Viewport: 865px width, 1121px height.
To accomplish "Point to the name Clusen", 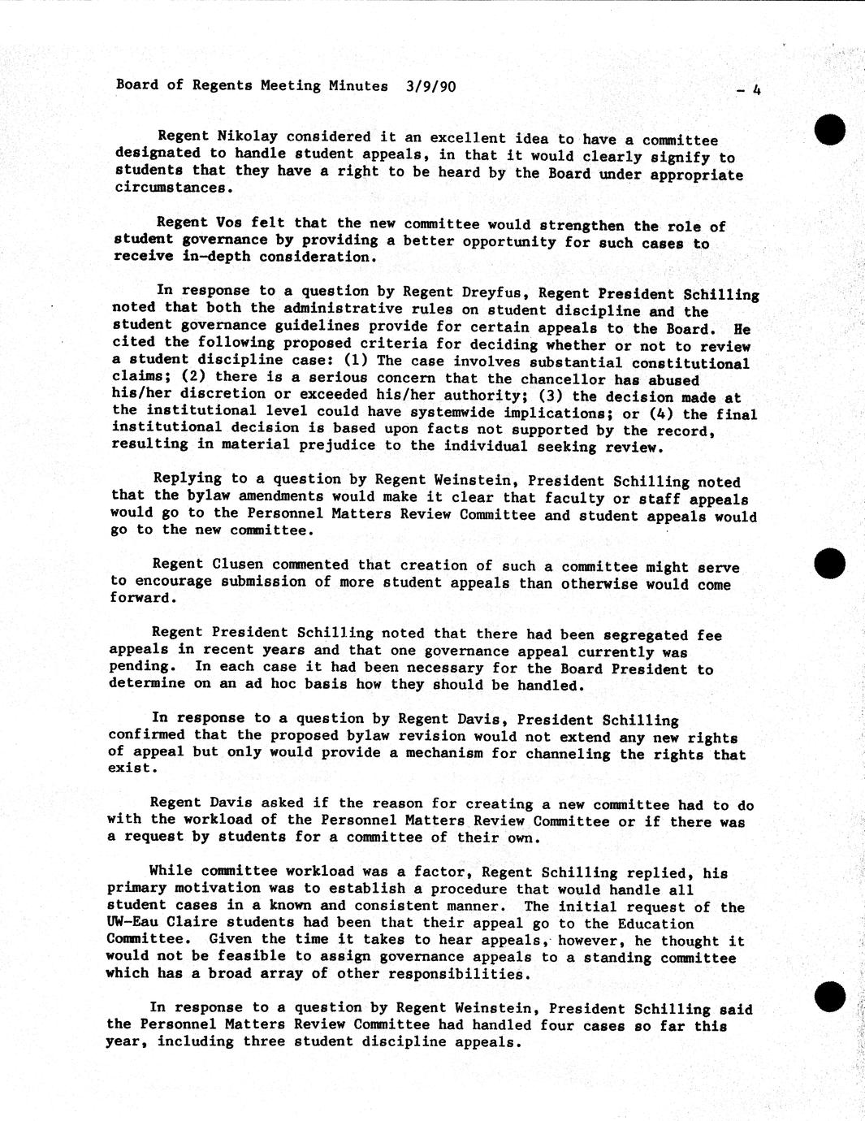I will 238,564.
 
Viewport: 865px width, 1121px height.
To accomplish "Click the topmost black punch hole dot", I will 830,130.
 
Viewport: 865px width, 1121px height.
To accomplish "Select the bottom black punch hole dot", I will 829,996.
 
